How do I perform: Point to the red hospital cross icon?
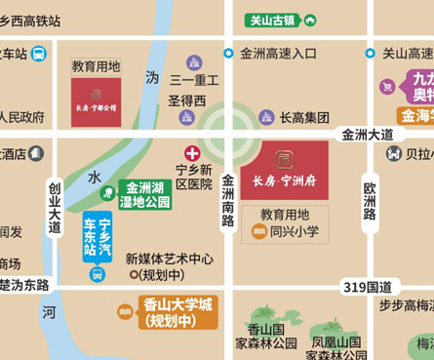(x=193, y=153)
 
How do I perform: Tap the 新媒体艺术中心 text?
(x=169, y=259)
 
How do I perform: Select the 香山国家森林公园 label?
(x=266, y=337)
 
